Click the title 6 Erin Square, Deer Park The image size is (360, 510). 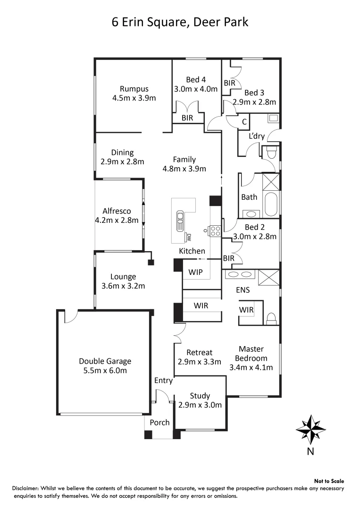tap(180, 22)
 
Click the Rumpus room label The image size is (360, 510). tap(134, 89)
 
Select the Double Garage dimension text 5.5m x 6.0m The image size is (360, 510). tap(105, 371)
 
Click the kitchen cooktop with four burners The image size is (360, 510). tap(215, 231)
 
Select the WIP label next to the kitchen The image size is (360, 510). tap(196, 272)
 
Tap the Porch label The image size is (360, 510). tap(159, 422)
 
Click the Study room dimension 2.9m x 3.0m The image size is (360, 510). tap(200, 405)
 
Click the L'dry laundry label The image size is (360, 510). tap(257, 136)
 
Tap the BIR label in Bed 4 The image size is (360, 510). tap(187, 118)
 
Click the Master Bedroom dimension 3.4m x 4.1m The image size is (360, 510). tap(251, 367)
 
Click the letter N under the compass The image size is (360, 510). tap(310, 451)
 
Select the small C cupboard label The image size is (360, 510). tap(244, 122)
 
